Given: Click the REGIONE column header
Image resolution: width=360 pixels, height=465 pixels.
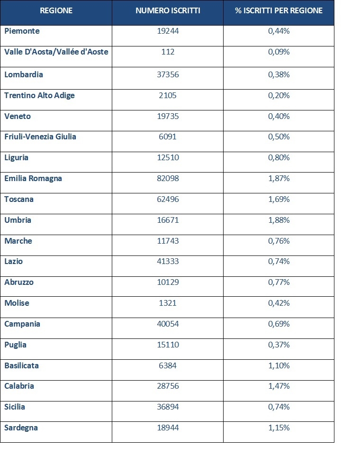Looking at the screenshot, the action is point(56,11).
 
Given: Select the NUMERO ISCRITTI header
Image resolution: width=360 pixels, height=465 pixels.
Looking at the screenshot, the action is point(168,11).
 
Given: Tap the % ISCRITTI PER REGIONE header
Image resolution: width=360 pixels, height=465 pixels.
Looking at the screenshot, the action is point(279,11).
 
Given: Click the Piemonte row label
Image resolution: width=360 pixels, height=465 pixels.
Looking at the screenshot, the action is point(22,31).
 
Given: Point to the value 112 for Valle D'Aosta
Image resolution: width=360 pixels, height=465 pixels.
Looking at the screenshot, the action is point(168,52).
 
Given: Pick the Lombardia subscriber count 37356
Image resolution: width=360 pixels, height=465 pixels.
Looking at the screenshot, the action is point(168,74).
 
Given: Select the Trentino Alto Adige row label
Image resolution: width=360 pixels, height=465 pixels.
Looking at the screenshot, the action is point(39,95).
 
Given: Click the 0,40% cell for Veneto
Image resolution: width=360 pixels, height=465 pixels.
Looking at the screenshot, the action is point(279,116).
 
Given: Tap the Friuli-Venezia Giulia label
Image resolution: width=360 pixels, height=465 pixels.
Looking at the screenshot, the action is point(40,137).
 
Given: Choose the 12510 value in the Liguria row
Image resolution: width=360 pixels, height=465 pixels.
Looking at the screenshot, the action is point(168,157).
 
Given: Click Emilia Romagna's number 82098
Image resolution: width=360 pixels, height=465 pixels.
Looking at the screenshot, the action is point(168,179).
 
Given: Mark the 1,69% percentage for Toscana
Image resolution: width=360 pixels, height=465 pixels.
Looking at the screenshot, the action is point(279,199).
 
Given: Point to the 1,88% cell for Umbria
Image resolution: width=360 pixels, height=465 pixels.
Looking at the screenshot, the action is point(279,220).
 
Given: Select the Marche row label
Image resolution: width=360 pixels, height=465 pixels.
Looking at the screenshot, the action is point(18,241).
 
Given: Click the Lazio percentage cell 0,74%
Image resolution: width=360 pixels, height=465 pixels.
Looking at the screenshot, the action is point(279,261).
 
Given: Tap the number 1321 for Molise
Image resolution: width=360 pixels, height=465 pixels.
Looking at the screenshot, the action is point(168,303).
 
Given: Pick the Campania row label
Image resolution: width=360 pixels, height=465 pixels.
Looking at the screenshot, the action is point(22,324).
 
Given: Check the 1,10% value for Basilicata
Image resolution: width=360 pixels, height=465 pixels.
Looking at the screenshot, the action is point(279,365).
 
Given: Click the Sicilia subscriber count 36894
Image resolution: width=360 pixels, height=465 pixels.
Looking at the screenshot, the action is point(168,407).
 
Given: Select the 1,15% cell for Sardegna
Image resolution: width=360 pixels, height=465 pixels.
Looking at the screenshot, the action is point(279,428).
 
